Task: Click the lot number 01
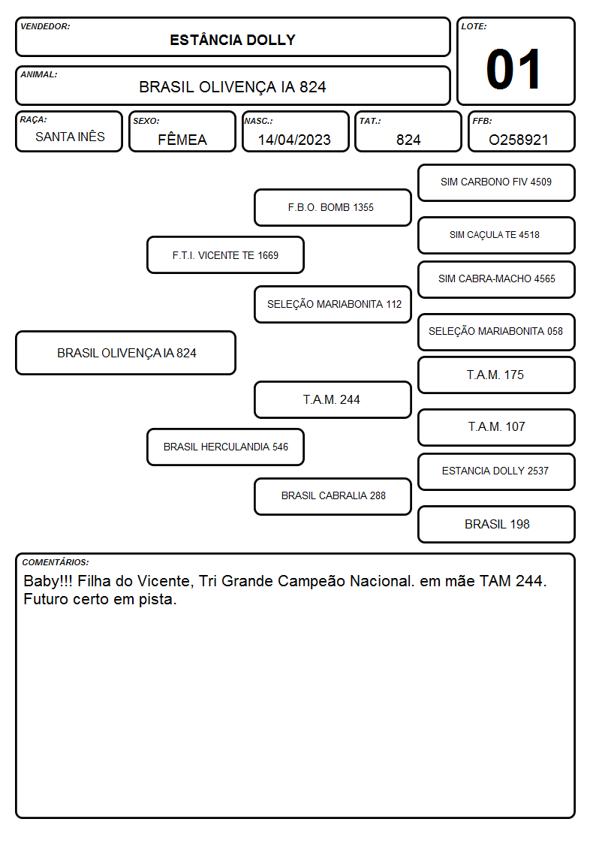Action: click(x=513, y=69)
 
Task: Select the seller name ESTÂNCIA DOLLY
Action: click(x=233, y=41)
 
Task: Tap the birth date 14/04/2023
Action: click(x=294, y=140)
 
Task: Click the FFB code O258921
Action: click(x=519, y=140)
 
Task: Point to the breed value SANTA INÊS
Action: click(x=71, y=137)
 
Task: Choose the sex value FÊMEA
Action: click(x=182, y=139)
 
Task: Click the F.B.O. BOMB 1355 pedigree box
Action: click(x=333, y=207)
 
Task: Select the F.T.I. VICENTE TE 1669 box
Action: click(x=226, y=255)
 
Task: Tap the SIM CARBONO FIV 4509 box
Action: click(x=497, y=183)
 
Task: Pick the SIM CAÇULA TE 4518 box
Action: click(x=497, y=235)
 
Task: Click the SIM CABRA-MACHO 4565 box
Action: click(x=497, y=279)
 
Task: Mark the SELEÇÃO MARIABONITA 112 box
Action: click(x=333, y=304)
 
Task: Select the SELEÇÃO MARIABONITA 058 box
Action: click(x=497, y=332)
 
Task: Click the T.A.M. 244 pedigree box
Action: click(x=333, y=400)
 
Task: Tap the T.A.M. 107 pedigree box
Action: click(x=497, y=427)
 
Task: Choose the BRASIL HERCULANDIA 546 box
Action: click(x=226, y=447)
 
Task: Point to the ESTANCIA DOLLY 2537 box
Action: click(x=497, y=471)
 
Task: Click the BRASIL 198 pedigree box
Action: click(x=497, y=524)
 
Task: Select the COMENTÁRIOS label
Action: click(x=56, y=562)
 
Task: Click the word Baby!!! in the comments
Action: click(x=48, y=581)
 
